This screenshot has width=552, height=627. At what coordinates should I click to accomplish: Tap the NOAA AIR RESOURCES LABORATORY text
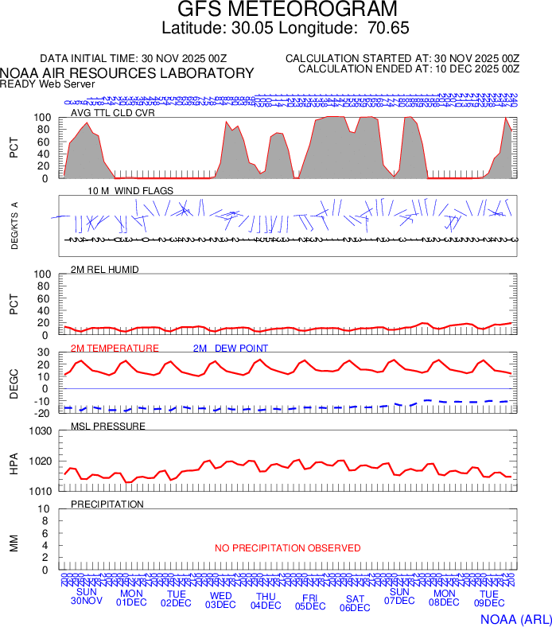click(x=127, y=73)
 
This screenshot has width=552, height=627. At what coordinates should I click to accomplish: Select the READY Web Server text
click(x=48, y=84)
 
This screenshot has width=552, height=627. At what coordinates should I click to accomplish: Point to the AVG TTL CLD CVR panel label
click(x=112, y=112)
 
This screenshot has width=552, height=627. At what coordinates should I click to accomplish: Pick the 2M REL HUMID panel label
click(x=105, y=270)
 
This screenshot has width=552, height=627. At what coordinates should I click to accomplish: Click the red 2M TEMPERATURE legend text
click(x=115, y=349)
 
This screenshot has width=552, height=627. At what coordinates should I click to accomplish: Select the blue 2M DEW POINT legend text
click(x=231, y=349)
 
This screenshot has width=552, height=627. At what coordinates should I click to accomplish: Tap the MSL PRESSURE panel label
click(x=108, y=426)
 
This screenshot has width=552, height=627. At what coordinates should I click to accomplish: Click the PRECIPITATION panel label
click(x=107, y=504)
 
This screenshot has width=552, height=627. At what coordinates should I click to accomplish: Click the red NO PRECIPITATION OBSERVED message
click(x=287, y=548)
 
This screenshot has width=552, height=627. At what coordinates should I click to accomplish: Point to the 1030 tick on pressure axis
click(x=41, y=432)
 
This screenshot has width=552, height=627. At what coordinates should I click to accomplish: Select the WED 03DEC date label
click(x=220, y=600)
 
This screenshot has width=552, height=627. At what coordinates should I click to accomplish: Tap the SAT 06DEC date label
click(x=355, y=603)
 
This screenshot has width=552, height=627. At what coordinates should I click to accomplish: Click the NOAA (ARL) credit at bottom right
click(x=515, y=618)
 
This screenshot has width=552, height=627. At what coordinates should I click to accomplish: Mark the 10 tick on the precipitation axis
click(x=45, y=509)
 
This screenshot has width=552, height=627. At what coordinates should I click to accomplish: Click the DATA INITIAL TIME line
click(x=134, y=59)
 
